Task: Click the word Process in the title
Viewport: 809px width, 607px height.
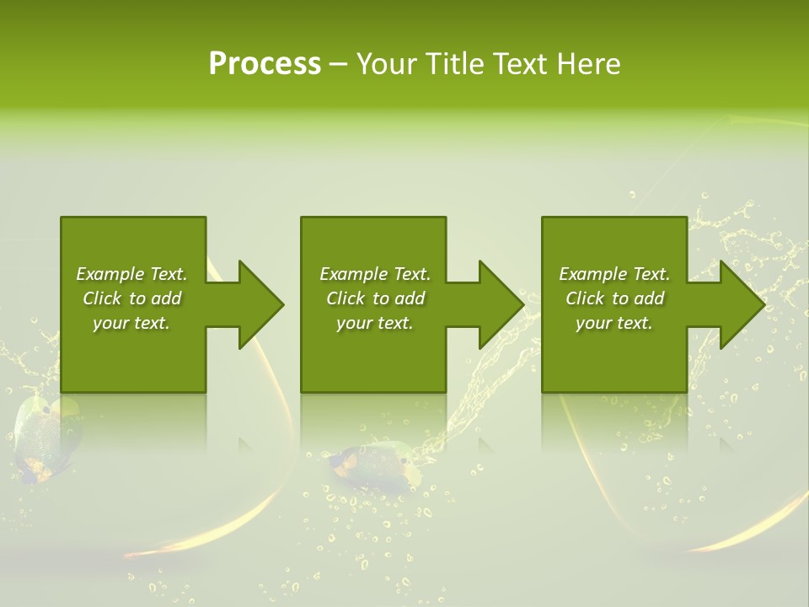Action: click(x=265, y=64)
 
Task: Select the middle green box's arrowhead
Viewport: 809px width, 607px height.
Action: click(x=500, y=304)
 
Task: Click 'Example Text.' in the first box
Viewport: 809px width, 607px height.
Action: click(x=131, y=274)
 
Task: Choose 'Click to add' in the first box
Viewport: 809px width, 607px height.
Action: click(x=131, y=298)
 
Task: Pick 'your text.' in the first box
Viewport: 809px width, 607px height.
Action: click(x=131, y=323)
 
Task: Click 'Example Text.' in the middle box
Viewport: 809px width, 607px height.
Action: click(x=375, y=274)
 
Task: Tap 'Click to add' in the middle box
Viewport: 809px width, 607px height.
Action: click(x=375, y=298)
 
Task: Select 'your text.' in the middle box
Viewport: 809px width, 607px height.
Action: click(x=375, y=323)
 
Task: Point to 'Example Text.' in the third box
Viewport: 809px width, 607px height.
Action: click(x=614, y=274)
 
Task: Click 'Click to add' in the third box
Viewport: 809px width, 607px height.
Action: click(x=614, y=298)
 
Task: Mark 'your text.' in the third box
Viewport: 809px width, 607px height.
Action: click(x=614, y=323)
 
